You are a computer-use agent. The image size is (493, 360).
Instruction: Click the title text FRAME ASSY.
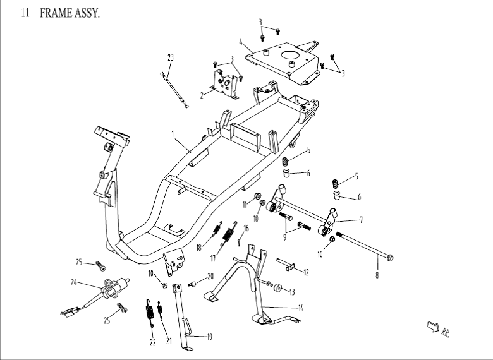[69, 13]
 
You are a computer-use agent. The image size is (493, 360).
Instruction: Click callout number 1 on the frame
[173, 133]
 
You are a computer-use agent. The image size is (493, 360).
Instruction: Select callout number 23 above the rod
[170, 57]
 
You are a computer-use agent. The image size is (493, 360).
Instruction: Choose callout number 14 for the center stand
[301, 308]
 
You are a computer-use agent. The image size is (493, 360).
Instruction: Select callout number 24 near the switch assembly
[74, 282]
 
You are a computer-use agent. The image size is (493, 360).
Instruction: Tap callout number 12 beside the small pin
[306, 273]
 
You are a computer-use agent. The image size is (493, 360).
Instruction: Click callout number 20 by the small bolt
[210, 276]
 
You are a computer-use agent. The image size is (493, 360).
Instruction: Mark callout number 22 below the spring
[152, 342]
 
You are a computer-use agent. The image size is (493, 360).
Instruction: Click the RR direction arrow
[433, 327]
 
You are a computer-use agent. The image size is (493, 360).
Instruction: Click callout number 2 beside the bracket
[202, 95]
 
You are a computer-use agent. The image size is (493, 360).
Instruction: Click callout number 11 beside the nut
[245, 204]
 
